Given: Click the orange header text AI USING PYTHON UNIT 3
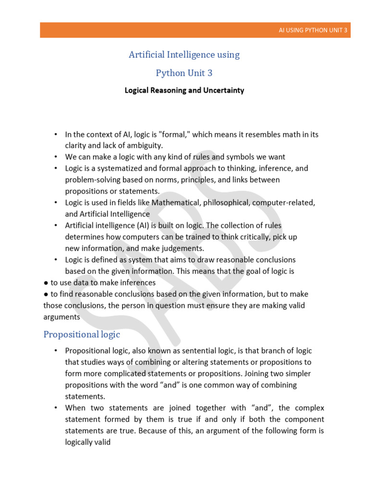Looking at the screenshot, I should [313, 30].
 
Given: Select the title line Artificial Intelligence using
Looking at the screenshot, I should [184, 55].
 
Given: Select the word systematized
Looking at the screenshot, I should [116, 168].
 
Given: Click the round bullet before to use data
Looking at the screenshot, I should [46, 283].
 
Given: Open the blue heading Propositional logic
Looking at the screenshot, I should [82, 334].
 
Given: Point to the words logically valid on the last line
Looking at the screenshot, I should [88, 442].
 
